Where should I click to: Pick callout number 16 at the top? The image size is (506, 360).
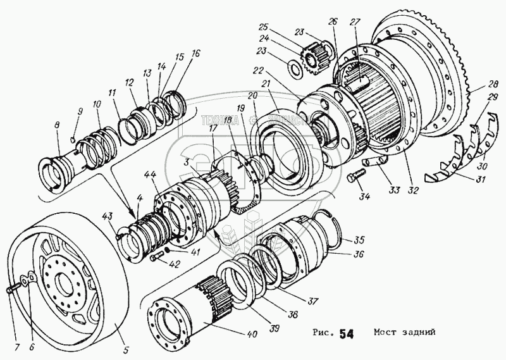(x=195, y=53)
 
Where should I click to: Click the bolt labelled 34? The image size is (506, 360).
(x=352, y=180)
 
